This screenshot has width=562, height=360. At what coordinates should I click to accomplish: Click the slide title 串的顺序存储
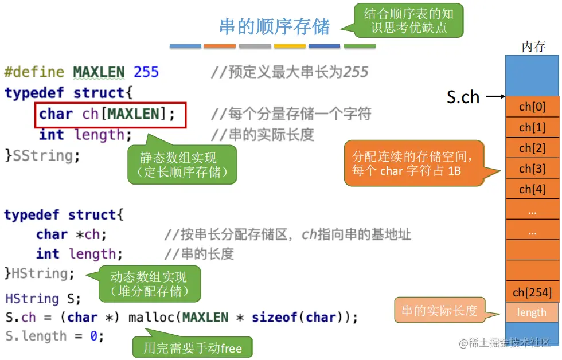coord(275,27)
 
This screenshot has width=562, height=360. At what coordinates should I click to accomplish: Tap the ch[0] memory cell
coord(532,107)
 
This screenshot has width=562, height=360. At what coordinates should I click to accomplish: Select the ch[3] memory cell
coord(532,169)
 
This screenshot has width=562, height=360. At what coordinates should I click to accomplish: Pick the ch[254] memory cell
coord(532,292)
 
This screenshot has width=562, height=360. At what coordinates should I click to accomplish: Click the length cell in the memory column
coord(532,312)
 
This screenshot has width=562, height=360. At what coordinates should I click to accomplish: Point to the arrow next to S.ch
coord(493,97)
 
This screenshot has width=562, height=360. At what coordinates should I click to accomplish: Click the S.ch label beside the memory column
coord(463,97)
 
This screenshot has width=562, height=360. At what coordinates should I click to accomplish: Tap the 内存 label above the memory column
coord(533,47)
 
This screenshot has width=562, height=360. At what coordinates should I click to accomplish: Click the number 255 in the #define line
coord(146,72)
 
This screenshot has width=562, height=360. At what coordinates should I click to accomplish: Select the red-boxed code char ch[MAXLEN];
coord(111,114)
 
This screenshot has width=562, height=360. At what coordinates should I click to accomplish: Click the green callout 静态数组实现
coord(182,165)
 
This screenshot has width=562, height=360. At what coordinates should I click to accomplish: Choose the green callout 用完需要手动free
coord(192,347)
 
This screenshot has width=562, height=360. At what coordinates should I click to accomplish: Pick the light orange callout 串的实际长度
coord(439,311)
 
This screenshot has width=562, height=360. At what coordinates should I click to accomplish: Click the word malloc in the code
coord(153,318)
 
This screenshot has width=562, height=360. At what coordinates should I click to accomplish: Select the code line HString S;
coord(43,299)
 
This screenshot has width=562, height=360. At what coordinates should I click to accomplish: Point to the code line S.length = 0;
coord(54,336)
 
